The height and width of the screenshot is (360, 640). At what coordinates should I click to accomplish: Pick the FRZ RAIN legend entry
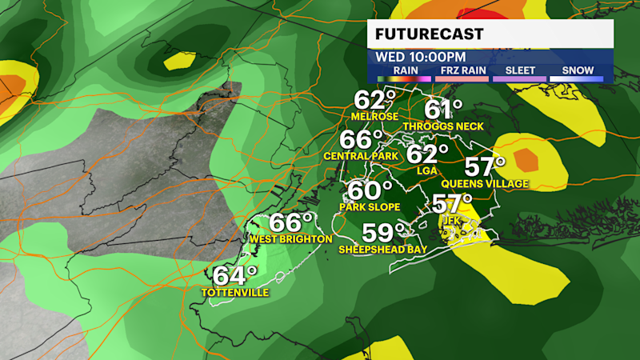[459, 70]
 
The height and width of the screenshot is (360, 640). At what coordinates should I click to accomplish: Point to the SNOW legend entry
[576, 70]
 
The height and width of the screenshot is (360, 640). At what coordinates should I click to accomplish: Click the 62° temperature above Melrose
[375, 102]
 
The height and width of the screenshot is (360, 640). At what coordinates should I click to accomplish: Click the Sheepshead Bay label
[383, 250]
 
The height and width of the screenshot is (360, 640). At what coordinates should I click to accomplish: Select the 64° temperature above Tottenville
[234, 276]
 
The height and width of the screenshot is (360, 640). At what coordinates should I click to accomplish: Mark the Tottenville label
[234, 293]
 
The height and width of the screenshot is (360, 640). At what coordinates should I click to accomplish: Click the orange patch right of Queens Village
[526, 159]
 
